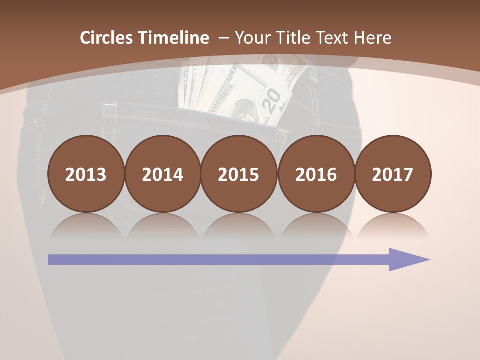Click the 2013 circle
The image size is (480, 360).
click(86, 174)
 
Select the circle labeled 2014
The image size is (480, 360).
click(163, 174)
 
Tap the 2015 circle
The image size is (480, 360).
click(239, 174)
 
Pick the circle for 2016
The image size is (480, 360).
click(316, 174)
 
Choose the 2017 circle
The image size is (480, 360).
click(393, 174)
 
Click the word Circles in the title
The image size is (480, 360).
click(107, 38)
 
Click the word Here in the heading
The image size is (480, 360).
click(372, 38)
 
